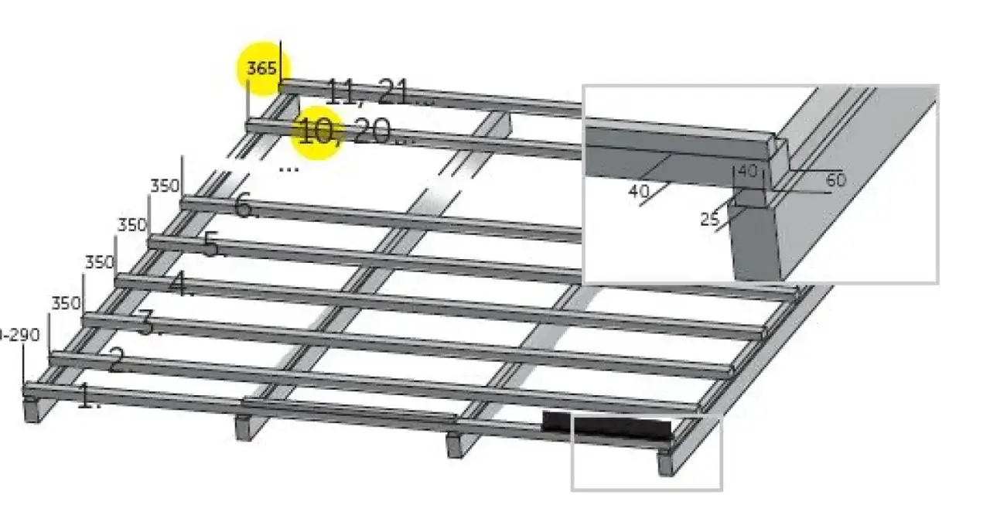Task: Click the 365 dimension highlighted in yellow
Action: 261,69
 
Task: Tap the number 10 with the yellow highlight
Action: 316,132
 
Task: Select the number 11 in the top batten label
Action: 345,93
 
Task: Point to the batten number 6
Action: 245,206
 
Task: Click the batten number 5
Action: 213,245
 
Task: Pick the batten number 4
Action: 180,285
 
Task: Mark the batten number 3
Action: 148,323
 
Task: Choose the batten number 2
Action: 116,360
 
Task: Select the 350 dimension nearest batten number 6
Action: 164,186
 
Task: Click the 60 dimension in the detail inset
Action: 836,180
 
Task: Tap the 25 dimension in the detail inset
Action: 710,220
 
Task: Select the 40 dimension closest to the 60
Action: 748,172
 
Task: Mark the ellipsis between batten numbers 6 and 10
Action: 288,168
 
